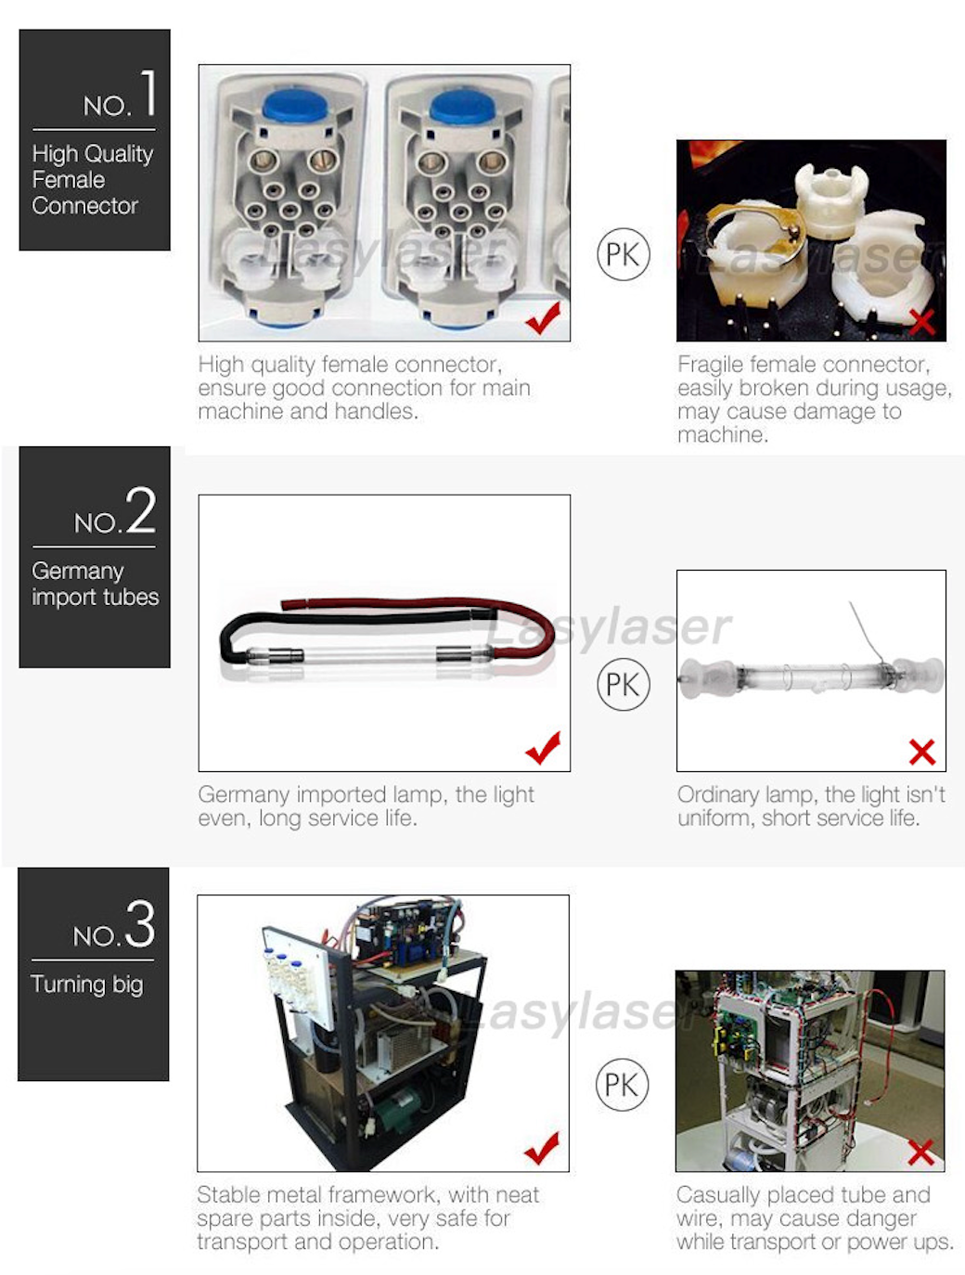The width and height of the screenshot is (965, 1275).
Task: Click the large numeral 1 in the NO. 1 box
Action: click(148, 94)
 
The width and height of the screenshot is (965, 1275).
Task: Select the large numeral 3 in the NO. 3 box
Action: click(140, 924)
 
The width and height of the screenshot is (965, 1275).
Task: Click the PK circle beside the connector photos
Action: click(623, 254)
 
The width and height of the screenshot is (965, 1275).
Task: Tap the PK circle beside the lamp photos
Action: click(623, 685)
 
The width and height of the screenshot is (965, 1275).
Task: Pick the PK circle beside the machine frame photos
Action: click(622, 1084)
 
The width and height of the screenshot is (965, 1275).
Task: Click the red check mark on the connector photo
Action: click(543, 318)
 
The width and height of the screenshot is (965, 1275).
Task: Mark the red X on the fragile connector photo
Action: click(921, 322)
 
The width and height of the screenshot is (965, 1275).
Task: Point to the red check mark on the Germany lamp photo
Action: click(543, 747)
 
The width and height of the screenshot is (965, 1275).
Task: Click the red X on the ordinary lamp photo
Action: click(921, 752)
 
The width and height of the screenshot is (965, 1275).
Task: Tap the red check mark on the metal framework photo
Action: click(542, 1148)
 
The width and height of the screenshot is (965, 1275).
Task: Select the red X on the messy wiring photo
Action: click(920, 1152)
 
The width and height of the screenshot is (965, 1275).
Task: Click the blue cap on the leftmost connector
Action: click(291, 105)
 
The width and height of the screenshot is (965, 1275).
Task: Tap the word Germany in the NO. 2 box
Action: click(77, 572)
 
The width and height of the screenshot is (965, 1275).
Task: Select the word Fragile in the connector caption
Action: click(710, 365)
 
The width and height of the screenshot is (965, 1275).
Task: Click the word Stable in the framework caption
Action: click(226, 1194)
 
